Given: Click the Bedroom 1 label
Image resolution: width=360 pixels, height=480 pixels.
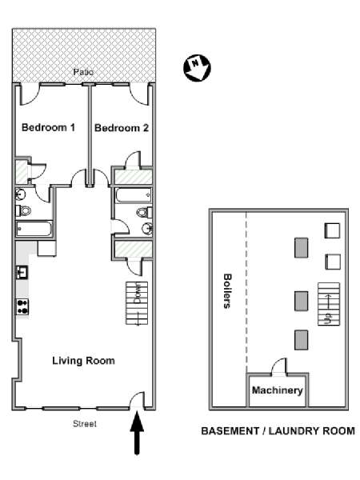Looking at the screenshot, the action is pos(48,127).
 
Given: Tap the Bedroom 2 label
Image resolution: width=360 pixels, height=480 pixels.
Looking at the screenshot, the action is pos(122,128).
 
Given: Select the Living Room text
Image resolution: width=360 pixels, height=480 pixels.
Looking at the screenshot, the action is pos(83,361).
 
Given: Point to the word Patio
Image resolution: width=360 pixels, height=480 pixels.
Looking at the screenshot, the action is pos(83,72).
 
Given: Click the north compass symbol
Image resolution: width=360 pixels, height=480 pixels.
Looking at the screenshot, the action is pos(197,68).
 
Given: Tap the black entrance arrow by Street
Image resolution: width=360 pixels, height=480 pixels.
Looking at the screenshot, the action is pos(137,433).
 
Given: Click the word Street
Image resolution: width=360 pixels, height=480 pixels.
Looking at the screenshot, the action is pos(85,424).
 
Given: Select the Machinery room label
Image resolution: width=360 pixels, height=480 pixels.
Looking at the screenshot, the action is pos(278,390).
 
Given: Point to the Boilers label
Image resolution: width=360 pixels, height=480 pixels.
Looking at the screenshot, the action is pos(227,291).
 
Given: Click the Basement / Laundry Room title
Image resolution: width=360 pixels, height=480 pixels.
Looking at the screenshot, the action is pos(278,431).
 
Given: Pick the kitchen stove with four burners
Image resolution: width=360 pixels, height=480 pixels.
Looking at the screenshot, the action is pos(22,307).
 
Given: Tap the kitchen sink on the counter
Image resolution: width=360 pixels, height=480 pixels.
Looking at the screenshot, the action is pos(22,272).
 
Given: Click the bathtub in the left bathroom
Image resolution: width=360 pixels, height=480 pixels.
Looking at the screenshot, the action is pos(34,229).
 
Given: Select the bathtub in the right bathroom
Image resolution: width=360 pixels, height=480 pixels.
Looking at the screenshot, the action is pos(133,196).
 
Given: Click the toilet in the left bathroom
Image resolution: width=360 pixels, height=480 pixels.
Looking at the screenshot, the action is pos(23,210).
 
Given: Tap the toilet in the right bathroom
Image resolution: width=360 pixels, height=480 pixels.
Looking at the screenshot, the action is pos(144,212).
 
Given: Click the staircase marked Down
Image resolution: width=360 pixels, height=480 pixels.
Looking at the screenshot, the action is pos(137,303).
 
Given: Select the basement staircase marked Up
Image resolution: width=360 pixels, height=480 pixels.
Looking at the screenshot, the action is pos(329,304).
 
